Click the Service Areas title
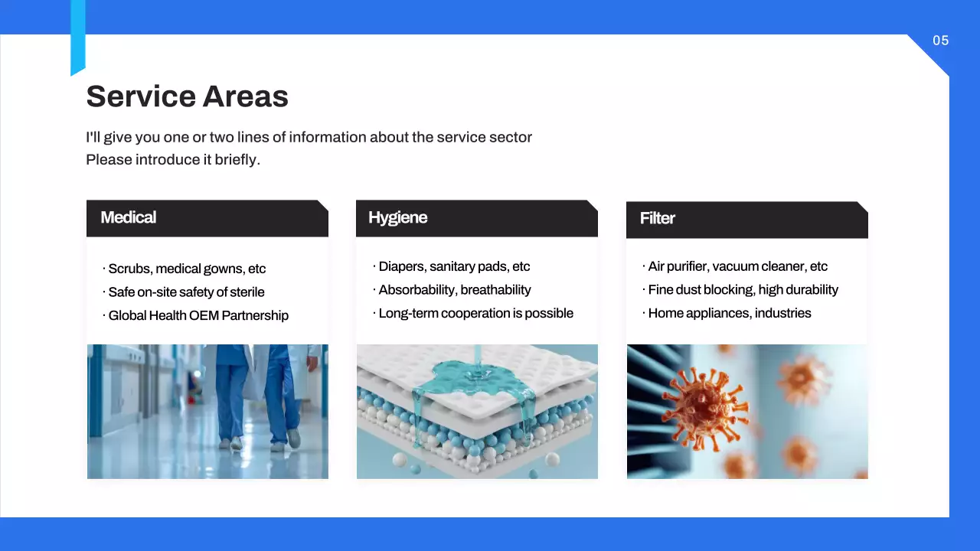click(x=187, y=96)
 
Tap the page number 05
click(x=940, y=41)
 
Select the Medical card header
click(x=207, y=218)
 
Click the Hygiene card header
click(x=476, y=218)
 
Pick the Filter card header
click(x=746, y=219)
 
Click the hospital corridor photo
click(x=207, y=412)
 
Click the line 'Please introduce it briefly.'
click(x=173, y=160)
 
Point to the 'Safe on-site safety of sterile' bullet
click(x=186, y=292)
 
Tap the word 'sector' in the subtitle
click(x=511, y=138)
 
